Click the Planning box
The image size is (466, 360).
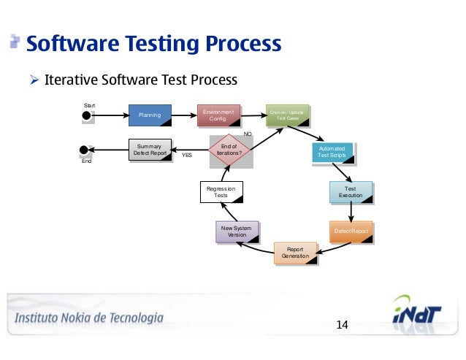150,115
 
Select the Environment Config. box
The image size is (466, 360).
218,115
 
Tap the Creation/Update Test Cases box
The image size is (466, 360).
286,115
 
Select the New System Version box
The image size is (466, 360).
237,231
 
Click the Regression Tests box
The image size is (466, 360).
220,192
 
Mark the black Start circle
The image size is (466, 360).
86,115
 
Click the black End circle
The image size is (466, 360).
84,150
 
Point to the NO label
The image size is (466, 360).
247,134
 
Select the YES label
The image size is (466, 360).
187,156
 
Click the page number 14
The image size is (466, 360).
341,323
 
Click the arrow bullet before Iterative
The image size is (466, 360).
34,79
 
